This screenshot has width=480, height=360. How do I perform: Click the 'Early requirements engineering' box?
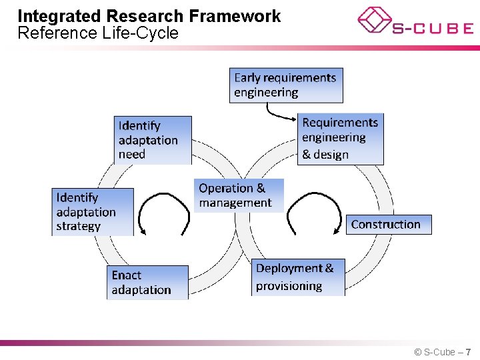click(x=286, y=85)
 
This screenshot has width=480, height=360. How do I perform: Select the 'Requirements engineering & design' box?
click(x=340, y=139)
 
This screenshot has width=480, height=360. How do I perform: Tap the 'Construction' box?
click(x=389, y=225)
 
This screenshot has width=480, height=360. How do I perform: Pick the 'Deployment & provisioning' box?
click(x=299, y=277)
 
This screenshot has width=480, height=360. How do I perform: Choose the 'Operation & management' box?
click(x=239, y=195)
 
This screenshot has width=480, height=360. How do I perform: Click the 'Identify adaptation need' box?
click(x=153, y=140)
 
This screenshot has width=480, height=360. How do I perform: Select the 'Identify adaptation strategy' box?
click(x=93, y=212)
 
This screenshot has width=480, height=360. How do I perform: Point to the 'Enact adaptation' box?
click(x=147, y=283)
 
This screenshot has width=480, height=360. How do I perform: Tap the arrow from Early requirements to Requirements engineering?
click(x=276, y=113)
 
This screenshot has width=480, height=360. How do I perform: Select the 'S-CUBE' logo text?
click(x=432, y=29)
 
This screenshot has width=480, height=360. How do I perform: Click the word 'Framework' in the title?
click(x=237, y=16)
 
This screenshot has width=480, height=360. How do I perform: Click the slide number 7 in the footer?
click(x=469, y=352)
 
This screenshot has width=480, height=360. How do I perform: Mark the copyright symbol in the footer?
click(x=417, y=352)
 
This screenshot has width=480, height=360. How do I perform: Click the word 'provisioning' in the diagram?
click(x=289, y=286)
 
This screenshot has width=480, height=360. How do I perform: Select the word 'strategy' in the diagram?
click(x=79, y=227)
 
